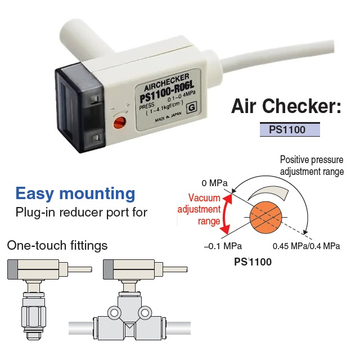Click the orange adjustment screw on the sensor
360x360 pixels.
[x=119, y=123]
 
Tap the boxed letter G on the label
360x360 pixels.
[x=192, y=107]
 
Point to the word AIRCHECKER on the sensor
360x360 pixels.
[x=166, y=82]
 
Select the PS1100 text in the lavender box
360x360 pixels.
[x=287, y=129]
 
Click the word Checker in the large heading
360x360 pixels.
[x=301, y=106]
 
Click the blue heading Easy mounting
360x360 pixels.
[x=75, y=193]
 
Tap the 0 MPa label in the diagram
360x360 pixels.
[x=214, y=183]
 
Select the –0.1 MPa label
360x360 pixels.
[x=223, y=246]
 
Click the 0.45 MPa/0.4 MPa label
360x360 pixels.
[x=306, y=246]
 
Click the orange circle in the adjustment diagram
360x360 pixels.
[x=265, y=217]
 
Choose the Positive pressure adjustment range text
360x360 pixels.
[x=312, y=166]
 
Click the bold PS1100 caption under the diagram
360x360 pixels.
[x=253, y=262]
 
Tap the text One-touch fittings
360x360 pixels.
[x=57, y=245]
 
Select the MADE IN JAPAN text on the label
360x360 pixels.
[x=168, y=117]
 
